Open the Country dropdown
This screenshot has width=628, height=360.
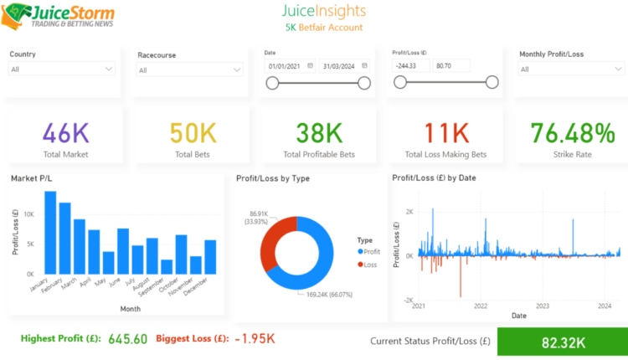click(62, 69)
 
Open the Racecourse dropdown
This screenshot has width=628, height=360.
click(189, 71)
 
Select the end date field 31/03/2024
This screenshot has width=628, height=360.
click(338, 65)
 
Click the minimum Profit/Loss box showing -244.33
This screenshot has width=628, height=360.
click(410, 65)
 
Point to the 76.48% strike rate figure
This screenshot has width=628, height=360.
click(573, 133)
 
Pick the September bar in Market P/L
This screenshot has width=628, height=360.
click(167, 266)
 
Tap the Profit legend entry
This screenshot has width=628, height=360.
click(371, 250)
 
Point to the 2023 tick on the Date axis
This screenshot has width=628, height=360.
click(543, 306)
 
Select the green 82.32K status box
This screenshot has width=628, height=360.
click(561, 342)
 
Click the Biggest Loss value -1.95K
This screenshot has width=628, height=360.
click(255, 338)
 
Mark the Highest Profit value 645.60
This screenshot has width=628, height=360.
click(126, 338)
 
